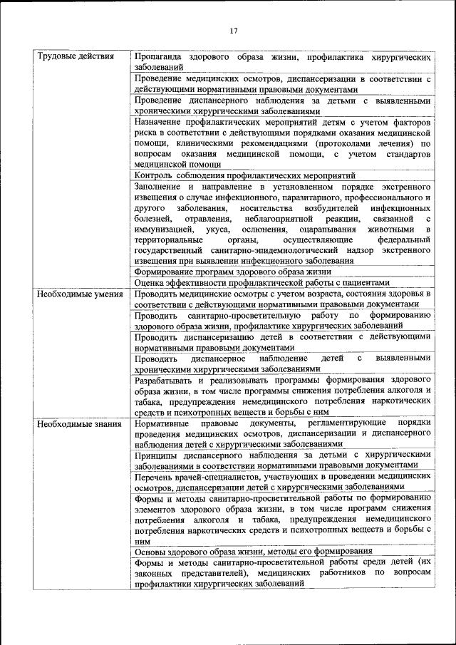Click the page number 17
232,31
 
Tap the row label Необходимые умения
76,294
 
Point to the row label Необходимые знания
73,424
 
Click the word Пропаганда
158,56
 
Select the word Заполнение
160,187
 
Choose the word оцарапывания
340,230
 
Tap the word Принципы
156,453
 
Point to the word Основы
151,552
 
